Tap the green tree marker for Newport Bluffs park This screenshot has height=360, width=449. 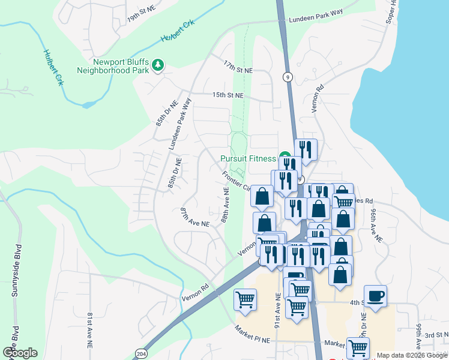(158, 65)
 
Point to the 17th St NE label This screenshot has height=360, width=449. (238, 70)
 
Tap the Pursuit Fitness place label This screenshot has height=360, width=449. (247, 159)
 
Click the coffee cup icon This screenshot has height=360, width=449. (375, 296)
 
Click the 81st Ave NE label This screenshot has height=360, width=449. (90, 327)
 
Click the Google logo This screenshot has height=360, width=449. (20, 352)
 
